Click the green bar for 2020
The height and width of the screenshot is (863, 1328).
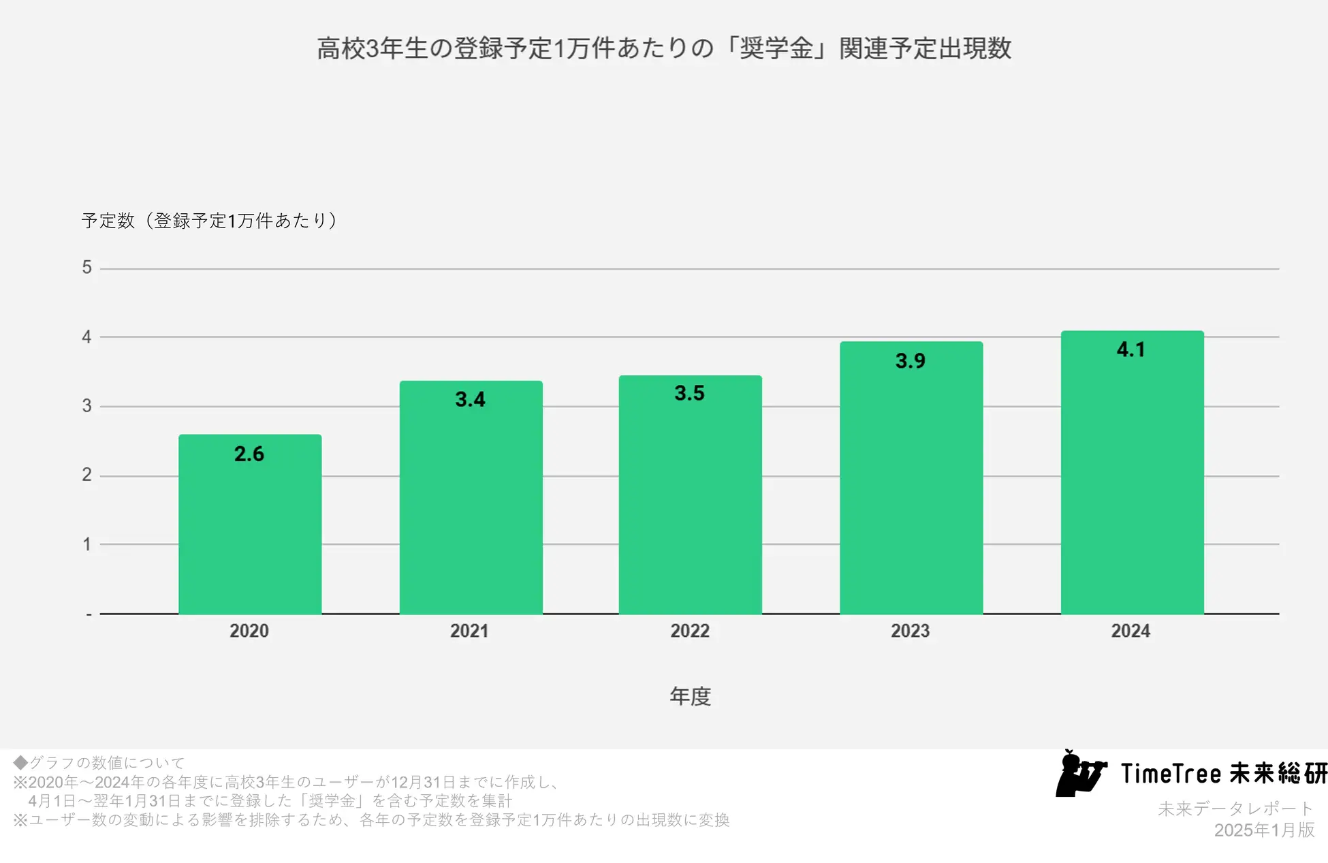(250, 524)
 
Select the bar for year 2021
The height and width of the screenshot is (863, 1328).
(471, 497)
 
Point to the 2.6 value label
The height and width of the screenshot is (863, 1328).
(249, 454)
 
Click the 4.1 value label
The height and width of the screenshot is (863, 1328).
(1131, 350)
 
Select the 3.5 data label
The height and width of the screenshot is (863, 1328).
(689, 393)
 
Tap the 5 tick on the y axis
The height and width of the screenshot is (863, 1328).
(86, 268)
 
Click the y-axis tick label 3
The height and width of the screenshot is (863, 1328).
(86, 407)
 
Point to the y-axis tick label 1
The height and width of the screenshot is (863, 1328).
(86, 544)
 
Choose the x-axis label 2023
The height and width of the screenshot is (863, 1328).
(910, 631)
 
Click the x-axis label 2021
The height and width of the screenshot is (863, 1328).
(469, 631)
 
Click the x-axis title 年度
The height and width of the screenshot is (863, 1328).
(690, 696)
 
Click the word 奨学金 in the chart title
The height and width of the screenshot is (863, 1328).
(776, 48)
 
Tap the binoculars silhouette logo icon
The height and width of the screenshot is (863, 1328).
(1079, 774)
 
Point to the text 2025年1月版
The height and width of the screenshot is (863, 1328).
(1264, 830)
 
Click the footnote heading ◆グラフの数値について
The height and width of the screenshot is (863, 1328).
(99, 762)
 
